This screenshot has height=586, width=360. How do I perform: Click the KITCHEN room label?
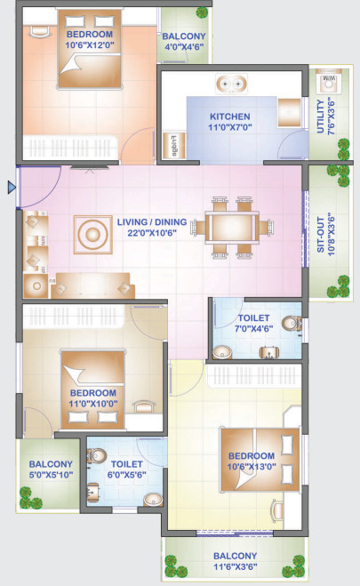tap(229, 116)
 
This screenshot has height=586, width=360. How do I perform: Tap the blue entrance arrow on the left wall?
tap(11, 187)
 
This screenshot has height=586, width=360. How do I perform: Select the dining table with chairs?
tap(234, 224)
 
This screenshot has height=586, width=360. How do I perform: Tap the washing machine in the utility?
tap(327, 81)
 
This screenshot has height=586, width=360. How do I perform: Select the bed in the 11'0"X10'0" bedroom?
tap(92, 375)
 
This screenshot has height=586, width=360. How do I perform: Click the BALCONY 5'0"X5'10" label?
tap(51, 469)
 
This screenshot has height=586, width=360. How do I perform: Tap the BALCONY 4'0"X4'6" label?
tap(185, 43)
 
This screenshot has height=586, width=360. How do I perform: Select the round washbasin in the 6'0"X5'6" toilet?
tap(151, 498)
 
